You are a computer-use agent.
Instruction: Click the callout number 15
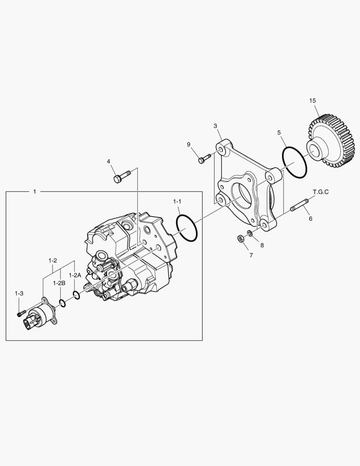click(313, 101)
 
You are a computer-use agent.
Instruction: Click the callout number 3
click(215, 126)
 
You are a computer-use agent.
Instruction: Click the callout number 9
click(188, 145)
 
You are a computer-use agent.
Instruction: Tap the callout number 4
click(109, 161)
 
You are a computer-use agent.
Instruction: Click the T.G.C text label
click(320, 192)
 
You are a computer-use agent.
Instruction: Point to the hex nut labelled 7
click(241, 238)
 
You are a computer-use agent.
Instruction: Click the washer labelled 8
click(249, 234)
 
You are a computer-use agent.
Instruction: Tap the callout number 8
click(262, 245)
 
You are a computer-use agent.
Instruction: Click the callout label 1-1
click(177, 202)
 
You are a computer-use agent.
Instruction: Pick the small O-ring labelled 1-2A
click(77, 295)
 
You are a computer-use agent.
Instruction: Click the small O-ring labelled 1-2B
click(63, 304)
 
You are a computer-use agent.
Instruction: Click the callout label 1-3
click(19, 293)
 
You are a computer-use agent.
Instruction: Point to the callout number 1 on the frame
click(34, 191)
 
